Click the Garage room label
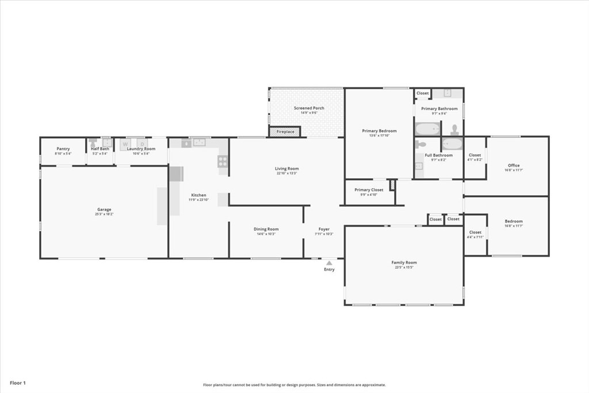click(104, 209)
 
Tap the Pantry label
click(63, 149)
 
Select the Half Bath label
click(100, 149)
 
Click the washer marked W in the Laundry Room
click(125, 143)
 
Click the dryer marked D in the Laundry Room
click(142, 143)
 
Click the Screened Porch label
click(309, 108)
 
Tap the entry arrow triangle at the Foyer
click(329, 263)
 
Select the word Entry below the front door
click(329, 269)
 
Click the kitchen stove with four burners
click(223, 162)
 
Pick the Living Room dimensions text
click(286, 173)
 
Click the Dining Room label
click(266, 229)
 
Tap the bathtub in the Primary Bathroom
click(427, 129)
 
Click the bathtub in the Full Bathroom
click(452, 144)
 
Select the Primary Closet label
click(369, 190)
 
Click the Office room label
click(514, 166)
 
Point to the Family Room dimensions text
click(404, 267)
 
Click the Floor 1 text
click(18, 383)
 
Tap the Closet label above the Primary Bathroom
click(423, 93)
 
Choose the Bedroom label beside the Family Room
click(514, 222)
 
